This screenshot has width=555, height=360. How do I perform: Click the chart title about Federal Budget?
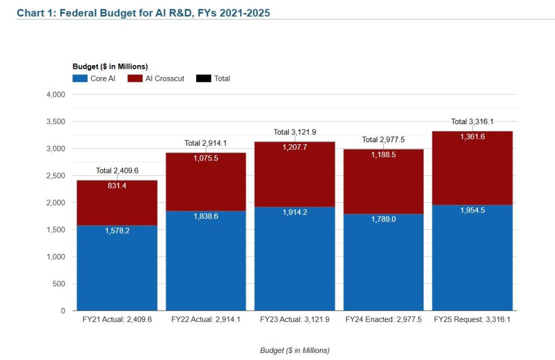[143, 12]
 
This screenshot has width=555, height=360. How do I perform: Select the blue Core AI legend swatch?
[80, 79]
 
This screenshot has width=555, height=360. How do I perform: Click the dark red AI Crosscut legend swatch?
[135, 79]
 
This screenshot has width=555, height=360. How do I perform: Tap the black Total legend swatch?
[203, 79]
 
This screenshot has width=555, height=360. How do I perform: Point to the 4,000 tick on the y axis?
[55, 94]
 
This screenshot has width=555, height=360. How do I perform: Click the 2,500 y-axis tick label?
[55, 176]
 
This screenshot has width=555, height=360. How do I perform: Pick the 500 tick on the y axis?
[59, 284]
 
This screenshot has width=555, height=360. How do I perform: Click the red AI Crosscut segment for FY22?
[206, 182]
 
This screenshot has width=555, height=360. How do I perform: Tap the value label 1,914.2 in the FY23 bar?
[295, 213]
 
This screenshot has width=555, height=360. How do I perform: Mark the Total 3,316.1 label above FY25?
[472, 121]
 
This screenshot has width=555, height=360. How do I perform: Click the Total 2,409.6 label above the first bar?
[117, 171]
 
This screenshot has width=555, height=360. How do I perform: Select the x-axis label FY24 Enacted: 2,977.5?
[383, 320]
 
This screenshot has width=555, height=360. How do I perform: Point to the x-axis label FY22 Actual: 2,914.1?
[206, 320]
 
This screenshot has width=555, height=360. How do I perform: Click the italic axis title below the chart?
[295, 350]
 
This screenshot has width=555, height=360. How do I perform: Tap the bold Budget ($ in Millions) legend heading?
[110, 67]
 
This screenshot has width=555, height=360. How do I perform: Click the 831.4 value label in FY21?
[117, 185]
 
